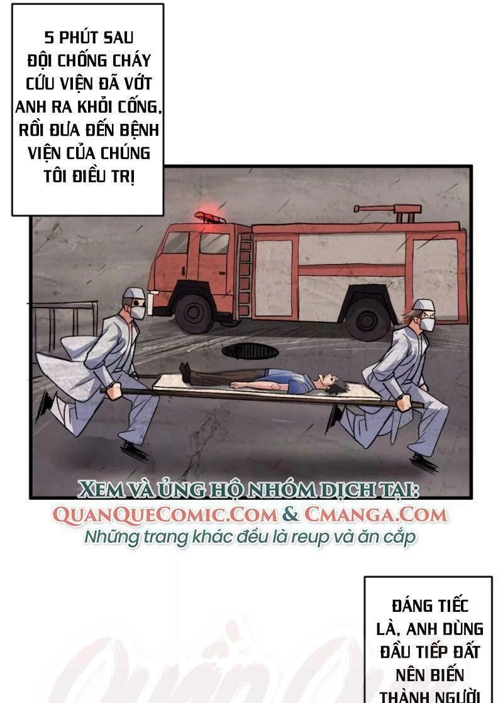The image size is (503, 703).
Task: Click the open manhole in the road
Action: tap(247, 350)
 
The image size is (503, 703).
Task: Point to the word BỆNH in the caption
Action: tap(140, 131)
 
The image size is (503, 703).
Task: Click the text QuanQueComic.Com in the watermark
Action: tap(165, 514)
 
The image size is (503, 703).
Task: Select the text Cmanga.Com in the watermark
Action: tap(376, 514)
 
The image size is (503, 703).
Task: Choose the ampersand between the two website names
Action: tap(291, 514)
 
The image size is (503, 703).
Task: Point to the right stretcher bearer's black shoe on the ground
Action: tap(423, 462)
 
